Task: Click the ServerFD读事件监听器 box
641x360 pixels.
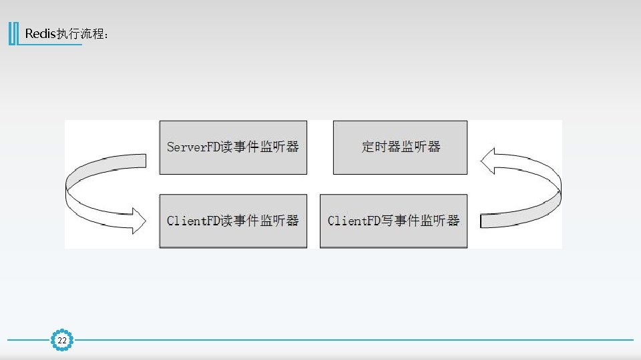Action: tap(233, 147)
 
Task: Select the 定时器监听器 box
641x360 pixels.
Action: tap(400, 147)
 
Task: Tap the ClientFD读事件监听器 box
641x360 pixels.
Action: tap(233, 221)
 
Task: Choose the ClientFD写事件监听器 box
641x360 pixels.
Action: tap(393, 221)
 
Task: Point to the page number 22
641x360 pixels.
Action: tap(62, 341)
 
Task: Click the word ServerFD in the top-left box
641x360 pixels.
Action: tap(194, 147)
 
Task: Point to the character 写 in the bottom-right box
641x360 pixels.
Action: tap(388, 221)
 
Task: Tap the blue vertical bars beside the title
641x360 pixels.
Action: tap(13, 34)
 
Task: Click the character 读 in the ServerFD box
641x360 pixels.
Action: tap(228, 147)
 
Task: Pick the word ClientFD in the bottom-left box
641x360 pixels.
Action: tap(194, 221)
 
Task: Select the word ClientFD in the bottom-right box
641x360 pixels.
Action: tap(355, 221)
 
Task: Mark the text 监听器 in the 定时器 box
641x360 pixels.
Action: tap(421, 147)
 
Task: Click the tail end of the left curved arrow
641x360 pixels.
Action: tap(141, 161)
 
